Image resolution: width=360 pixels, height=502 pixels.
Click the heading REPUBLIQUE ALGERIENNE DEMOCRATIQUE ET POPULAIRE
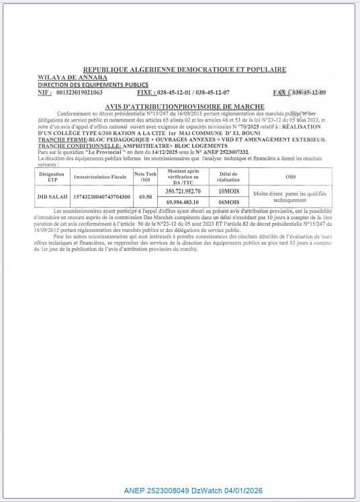[x=183, y=69]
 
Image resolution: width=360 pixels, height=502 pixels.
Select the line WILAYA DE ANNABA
[x=65, y=77]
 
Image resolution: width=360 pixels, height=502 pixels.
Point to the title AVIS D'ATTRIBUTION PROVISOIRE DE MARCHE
[x=185, y=107]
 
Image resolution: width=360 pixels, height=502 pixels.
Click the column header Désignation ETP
[x=52, y=177]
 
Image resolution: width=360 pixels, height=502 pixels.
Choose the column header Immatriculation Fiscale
[x=99, y=177]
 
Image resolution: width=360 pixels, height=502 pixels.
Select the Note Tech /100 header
[x=142, y=177]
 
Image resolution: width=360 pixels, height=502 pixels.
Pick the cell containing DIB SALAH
[x=52, y=196]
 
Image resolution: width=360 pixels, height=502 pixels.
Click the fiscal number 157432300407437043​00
[x=99, y=196]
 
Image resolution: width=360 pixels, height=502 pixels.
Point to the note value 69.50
[x=142, y=196]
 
